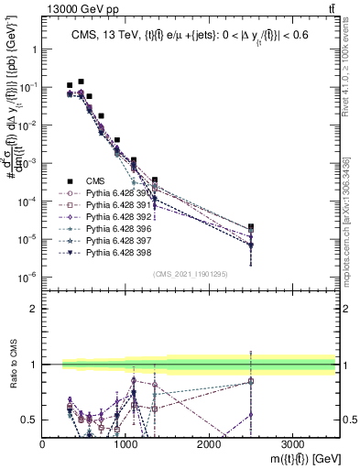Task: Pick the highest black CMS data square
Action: point(82,82)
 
